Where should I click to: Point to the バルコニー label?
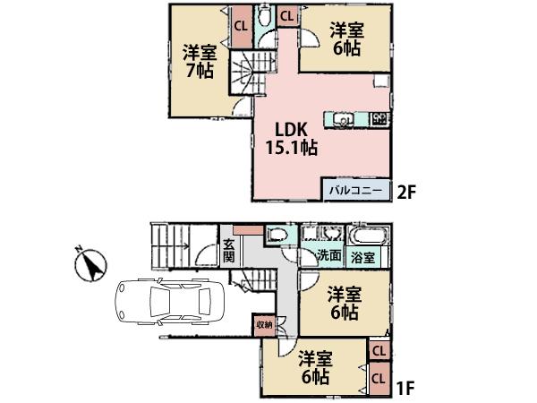click(355, 191)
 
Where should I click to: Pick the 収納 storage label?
click(264, 323)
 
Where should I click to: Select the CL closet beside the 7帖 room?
click(241, 25)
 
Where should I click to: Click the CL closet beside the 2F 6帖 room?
click(288, 15)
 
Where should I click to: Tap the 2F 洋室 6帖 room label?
click(345, 38)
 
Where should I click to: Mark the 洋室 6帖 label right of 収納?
click(343, 302)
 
